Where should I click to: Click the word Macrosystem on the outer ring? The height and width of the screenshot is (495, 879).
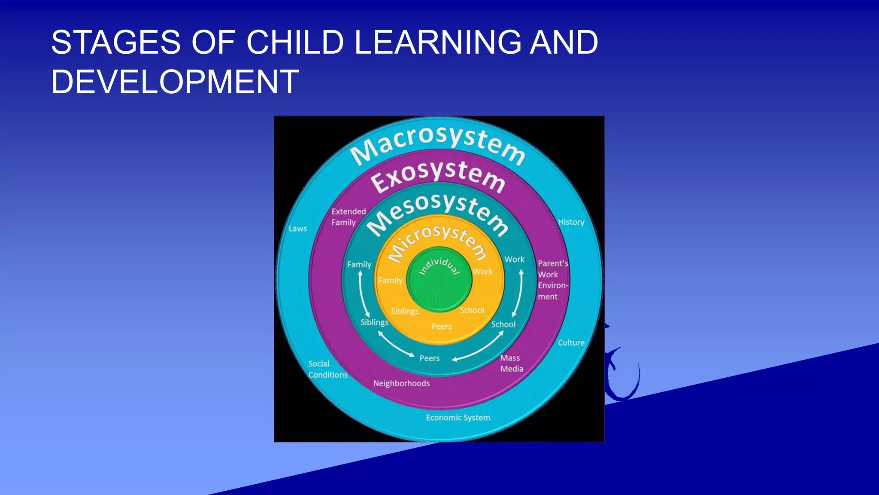[x=438, y=144]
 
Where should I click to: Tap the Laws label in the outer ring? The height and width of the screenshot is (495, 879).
[x=297, y=229]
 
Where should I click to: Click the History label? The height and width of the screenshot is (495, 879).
[x=571, y=222]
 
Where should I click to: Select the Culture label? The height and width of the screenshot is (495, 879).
[x=571, y=342]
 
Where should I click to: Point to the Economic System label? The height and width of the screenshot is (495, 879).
[x=458, y=418]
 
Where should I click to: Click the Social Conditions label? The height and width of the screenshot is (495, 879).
[x=327, y=369]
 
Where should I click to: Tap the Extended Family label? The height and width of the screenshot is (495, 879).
[x=348, y=217]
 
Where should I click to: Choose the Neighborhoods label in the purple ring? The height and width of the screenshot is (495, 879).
[x=401, y=383]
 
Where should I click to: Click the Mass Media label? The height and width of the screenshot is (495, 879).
[x=511, y=363]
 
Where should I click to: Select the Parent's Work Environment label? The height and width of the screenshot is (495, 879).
[x=552, y=280]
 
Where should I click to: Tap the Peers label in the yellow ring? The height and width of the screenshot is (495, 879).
[x=442, y=327]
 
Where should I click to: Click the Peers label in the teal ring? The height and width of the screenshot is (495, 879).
[x=429, y=358]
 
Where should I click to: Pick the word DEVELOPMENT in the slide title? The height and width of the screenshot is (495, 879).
[x=175, y=82]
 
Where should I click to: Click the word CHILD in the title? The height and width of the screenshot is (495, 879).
[x=295, y=42]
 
